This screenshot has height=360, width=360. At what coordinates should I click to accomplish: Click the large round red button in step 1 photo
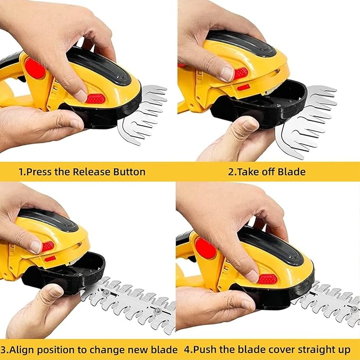[x=35, y=69]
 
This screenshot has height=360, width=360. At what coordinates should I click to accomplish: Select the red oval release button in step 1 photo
[x=95, y=99]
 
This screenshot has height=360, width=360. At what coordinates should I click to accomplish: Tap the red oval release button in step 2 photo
[x=241, y=73]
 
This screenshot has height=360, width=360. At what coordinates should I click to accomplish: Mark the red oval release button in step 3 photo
[x=48, y=247]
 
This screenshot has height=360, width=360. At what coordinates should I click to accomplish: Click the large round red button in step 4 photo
[x=205, y=248]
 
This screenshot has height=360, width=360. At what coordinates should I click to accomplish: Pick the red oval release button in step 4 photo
[x=268, y=278]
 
